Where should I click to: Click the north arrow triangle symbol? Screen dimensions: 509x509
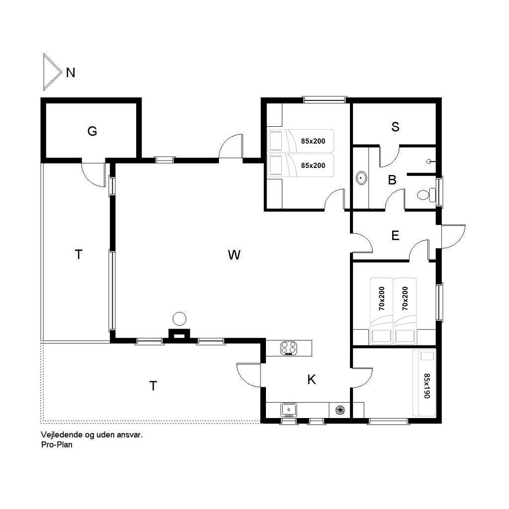tap(52, 72)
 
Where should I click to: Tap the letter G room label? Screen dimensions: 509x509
tap(92, 131)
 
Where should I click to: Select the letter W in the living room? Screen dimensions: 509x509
tap(234, 255)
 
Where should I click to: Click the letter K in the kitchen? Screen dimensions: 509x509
tap(311, 379)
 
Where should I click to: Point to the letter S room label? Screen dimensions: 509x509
tap(395, 127)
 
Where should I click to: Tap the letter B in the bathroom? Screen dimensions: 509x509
tap(392, 180)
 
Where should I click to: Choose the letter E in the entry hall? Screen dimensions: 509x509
tap(395, 236)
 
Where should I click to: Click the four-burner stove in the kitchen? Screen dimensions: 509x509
tap(289, 348)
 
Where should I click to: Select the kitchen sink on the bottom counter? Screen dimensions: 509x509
tap(288, 410)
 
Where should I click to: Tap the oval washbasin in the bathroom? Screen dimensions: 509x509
tap(361, 178)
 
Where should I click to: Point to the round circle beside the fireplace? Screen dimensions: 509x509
tap(179, 319)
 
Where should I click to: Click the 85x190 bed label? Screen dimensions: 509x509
tap(426, 386)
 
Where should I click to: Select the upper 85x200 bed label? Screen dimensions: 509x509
tap(313, 141)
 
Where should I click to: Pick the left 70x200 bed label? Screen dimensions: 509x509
tap(382, 298)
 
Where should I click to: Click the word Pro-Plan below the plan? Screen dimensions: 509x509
tap(57, 445)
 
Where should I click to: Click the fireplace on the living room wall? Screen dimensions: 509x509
tap(178, 335)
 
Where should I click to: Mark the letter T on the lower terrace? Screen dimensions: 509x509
tap(153, 386)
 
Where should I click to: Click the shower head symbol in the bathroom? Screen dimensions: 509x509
tap(429, 161)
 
